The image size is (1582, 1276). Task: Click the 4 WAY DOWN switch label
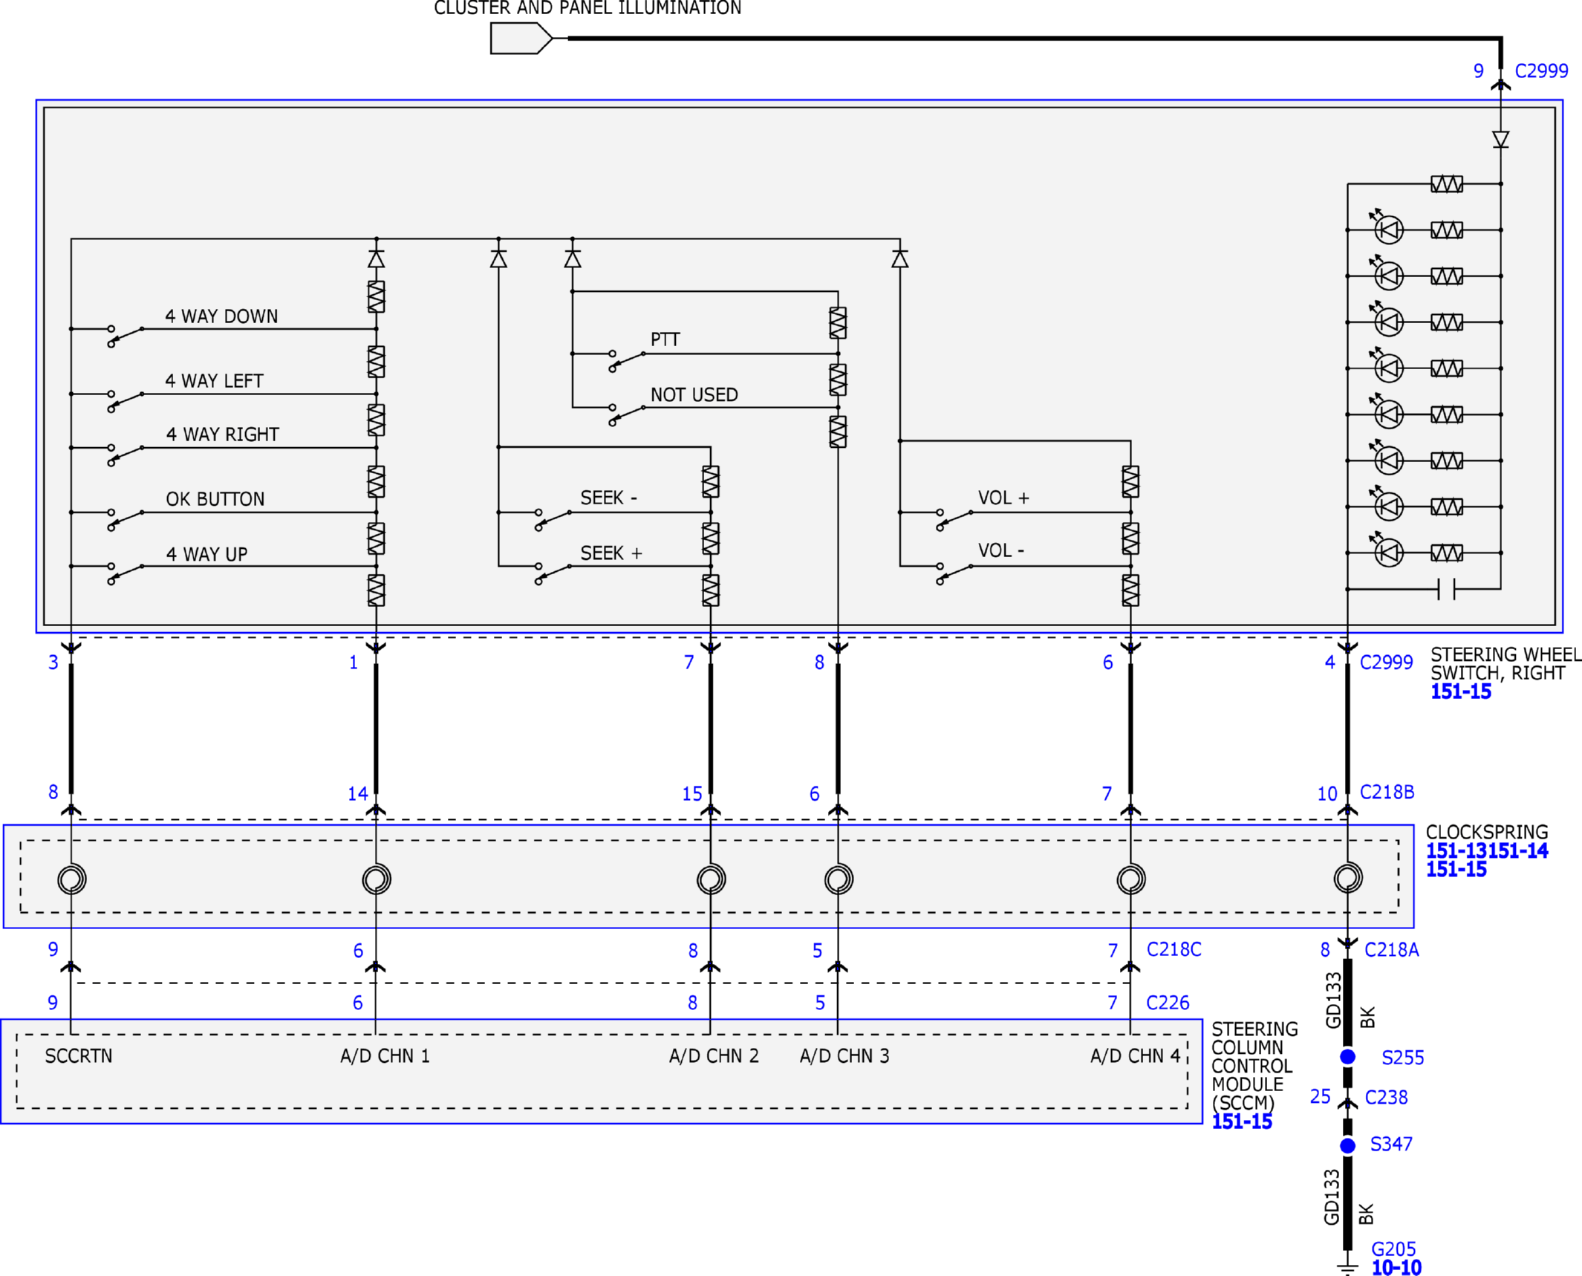point(221,316)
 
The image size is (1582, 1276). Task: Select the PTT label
point(665,339)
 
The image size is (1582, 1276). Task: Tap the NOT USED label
point(694,394)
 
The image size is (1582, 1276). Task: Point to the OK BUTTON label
point(215,498)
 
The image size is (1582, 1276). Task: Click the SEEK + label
point(611,553)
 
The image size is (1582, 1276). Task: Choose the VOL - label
point(1000,550)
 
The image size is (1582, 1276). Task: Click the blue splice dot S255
point(1347,1056)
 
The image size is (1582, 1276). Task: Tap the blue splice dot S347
point(1347,1145)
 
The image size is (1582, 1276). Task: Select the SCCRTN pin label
point(78,1055)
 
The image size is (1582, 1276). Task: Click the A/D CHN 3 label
point(844,1055)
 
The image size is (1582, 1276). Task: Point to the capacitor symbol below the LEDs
point(1446,588)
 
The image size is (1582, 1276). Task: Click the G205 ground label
point(1393,1249)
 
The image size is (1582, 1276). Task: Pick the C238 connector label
point(1386,1097)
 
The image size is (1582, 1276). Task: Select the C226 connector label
point(1168,1003)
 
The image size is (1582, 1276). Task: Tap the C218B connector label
point(1387,792)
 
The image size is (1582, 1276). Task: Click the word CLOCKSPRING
point(1486,832)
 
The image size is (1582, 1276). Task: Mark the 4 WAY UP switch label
point(206,554)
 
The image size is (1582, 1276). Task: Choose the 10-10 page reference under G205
point(1396,1267)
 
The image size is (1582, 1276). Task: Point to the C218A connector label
point(1391,949)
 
